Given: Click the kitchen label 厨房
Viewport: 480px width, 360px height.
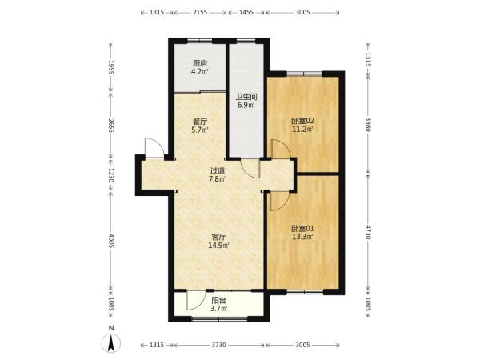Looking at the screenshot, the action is click(200, 64).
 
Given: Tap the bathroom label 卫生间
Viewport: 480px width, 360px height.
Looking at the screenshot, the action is click(246, 98).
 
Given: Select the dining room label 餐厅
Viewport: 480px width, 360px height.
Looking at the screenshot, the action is click(200, 122).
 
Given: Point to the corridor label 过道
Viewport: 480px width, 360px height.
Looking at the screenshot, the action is click(218, 171).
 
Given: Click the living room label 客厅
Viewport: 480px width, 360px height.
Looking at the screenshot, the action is click(219, 237).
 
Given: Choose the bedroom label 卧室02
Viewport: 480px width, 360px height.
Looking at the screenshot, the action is click(302, 121).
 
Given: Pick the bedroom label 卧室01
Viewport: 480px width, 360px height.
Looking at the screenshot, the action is click(302, 228).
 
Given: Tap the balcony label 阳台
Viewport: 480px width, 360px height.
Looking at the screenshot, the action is click(219, 300).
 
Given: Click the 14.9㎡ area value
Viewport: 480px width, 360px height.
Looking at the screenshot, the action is click(219, 246).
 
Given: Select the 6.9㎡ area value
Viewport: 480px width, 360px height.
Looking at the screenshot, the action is click(246, 106).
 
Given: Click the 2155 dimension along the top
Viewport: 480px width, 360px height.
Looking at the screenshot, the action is click(200, 12).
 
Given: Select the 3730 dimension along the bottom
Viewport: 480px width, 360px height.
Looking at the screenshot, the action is click(219, 345).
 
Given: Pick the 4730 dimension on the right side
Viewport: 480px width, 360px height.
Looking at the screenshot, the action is click(369, 232).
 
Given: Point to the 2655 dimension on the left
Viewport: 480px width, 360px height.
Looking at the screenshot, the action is click(111, 126).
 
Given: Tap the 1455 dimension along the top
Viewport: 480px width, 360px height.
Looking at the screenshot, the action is click(246, 12).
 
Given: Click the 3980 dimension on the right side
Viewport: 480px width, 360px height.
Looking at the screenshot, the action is click(369, 124).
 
